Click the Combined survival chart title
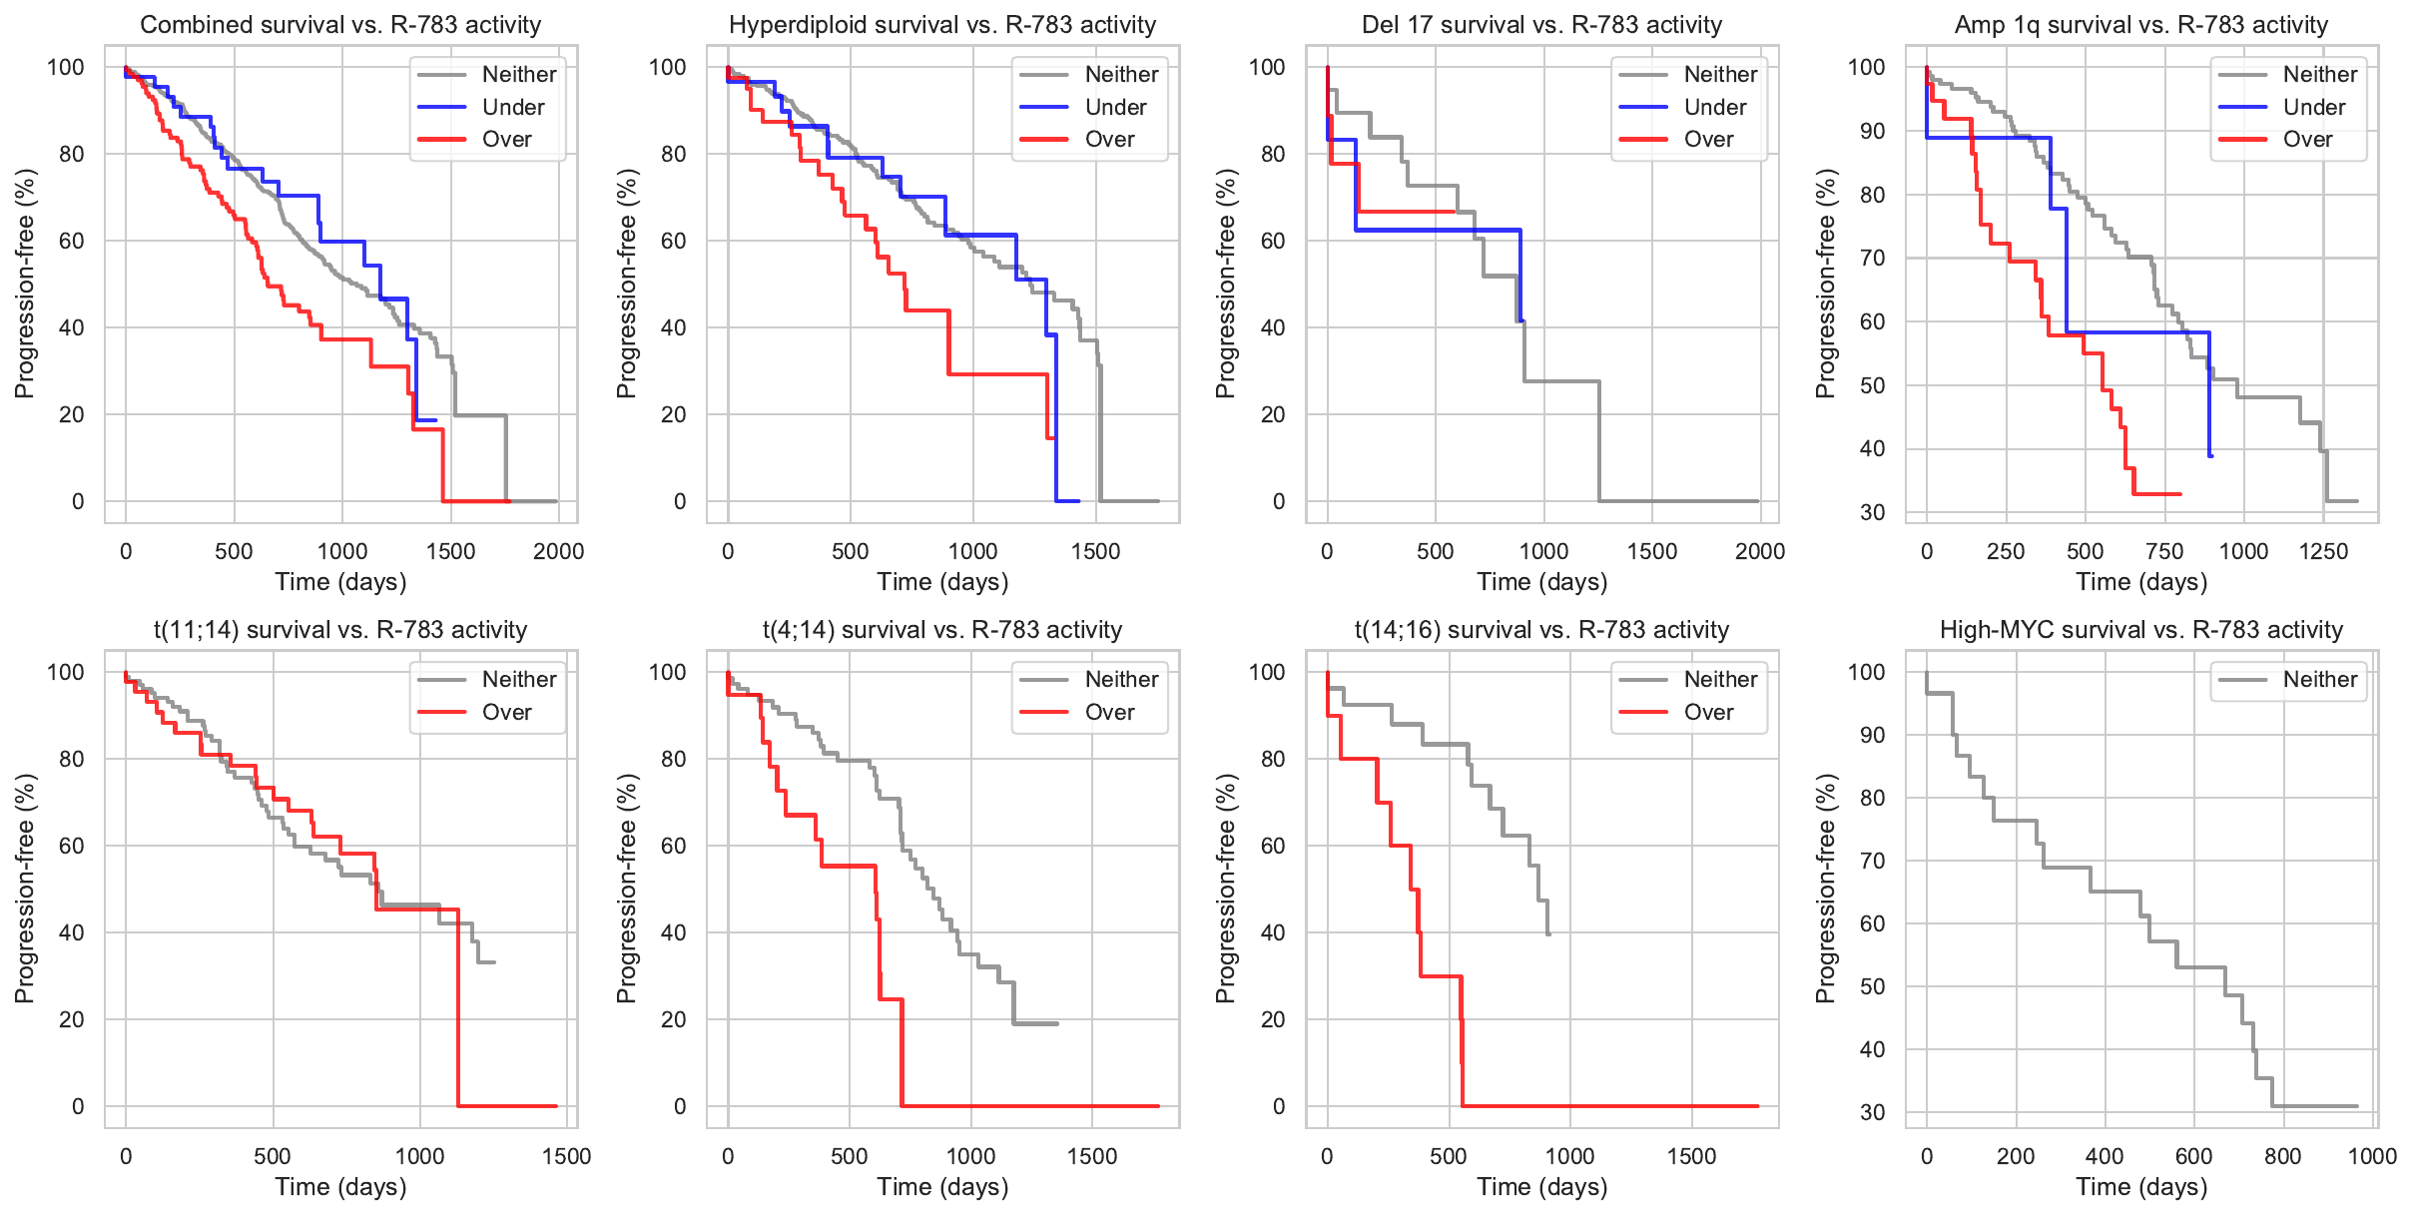(x=340, y=25)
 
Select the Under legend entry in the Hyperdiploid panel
(x=1115, y=107)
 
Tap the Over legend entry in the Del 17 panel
(x=1708, y=140)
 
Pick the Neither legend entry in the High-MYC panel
(x=2319, y=680)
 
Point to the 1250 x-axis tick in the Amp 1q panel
(x=2323, y=551)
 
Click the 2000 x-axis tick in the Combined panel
(x=558, y=551)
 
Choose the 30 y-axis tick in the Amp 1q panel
(x=1872, y=513)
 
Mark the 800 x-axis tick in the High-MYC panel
(x=2283, y=1156)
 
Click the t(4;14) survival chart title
(x=942, y=630)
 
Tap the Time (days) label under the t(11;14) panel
(x=340, y=1187)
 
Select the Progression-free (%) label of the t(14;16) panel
(x=1226, y=889)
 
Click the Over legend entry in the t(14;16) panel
(x=1708, y=713)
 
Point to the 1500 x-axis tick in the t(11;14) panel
(x=567, y=1156)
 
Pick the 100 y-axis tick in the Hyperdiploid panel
(x=668, y=67)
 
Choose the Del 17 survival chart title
(x=1541, y=25)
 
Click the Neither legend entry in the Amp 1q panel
(x=2319, y=75)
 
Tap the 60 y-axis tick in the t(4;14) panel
(x=675, y=846)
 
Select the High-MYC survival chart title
(x=2141, y=630)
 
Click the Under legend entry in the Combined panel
(x=513, y=107)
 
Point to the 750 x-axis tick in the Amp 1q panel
(x=2164, y=551)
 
